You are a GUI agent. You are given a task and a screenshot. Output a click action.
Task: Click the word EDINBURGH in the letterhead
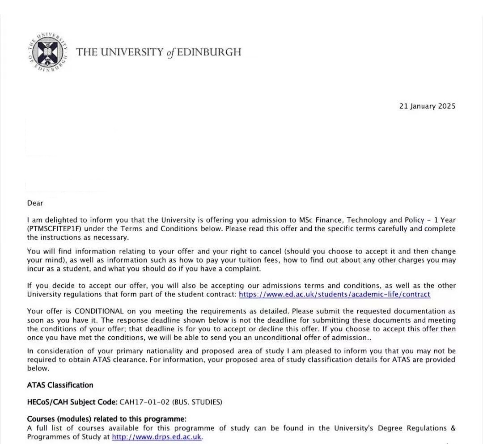pyautogui.click(x=209, y=52)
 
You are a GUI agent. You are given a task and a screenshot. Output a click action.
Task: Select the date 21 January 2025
pyautogui.click(x=427, y=106)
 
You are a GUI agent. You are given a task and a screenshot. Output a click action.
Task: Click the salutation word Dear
pyautogui.click(x=35, y=203)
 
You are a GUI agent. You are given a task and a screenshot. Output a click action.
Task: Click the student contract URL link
pyautogui.click(x=335, y=294)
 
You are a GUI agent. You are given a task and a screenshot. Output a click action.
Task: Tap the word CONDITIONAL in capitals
pyautogui.click(x=99, y=311)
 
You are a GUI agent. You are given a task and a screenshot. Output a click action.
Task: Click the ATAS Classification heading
pyautogui.click(x=60, y=385)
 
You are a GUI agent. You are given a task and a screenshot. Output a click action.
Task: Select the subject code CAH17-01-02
pyautogui.click(x=144, y=402)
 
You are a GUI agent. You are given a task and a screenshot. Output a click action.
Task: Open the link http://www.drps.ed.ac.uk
pyautogui.click(x=157, y=437)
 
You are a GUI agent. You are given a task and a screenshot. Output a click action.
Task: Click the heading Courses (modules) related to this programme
pyautogui.click(x=106, y=419)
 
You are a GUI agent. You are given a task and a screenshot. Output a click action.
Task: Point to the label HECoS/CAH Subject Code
pyautogui.click(x=72, y=402)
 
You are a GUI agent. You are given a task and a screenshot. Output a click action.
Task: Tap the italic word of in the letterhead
pyautogui.click(x=170, y=53)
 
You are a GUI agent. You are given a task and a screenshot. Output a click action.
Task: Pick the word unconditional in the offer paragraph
pyautogui.click(x=292, y=338)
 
